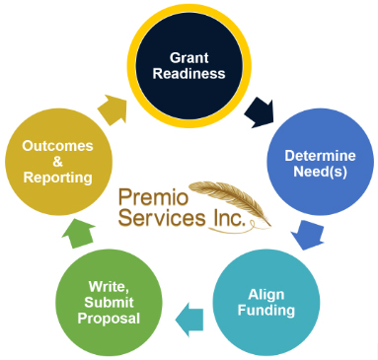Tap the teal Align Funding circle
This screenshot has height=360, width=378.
[x=265, y=302]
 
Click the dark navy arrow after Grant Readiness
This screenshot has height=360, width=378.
[x=262, y=110]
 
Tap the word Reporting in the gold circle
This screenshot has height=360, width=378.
[x=58, y=178]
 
